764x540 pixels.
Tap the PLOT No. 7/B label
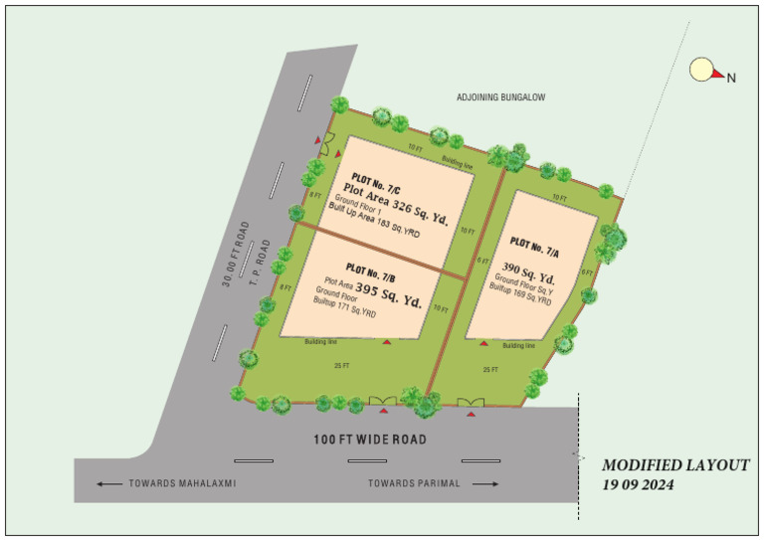371,269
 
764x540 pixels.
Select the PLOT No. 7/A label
532,246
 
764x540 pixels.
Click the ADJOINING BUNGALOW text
501,97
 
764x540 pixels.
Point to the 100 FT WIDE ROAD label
370,440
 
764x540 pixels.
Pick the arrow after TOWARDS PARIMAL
484,484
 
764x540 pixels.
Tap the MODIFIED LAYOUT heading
675,464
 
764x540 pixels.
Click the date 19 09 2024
638,485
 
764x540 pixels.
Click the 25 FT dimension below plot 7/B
341,366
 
